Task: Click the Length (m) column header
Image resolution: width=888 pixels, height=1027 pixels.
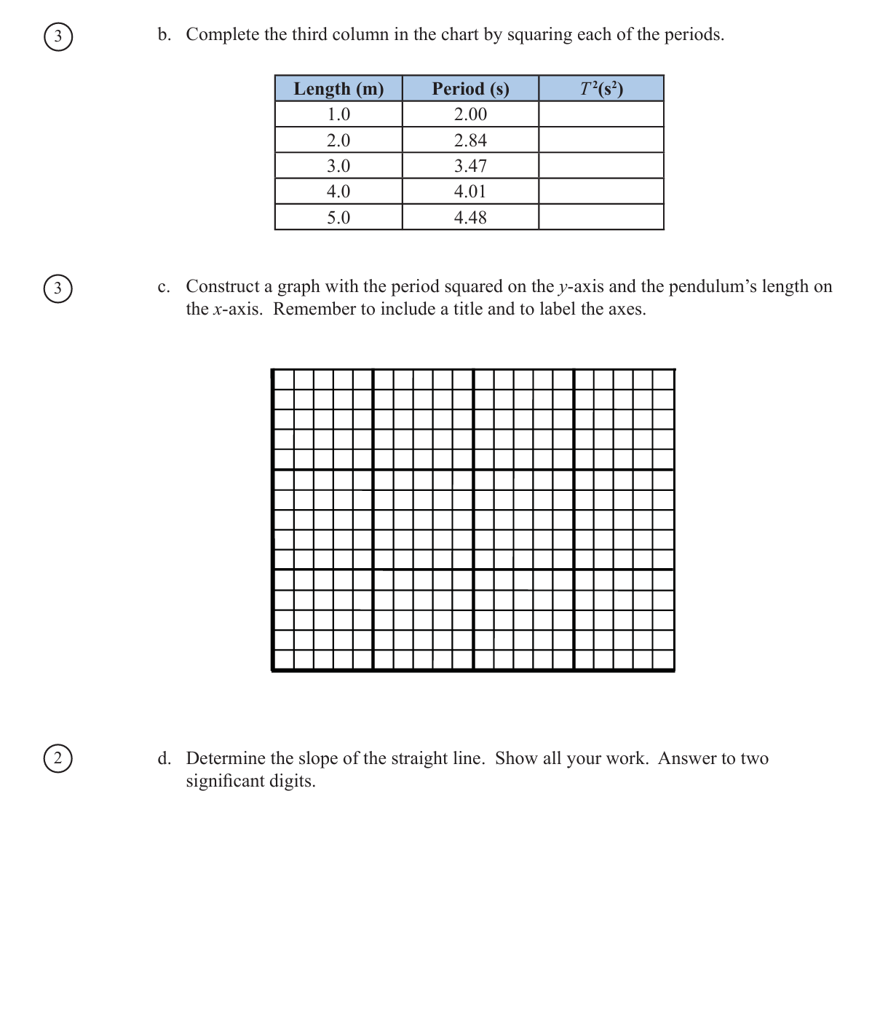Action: [338, 89]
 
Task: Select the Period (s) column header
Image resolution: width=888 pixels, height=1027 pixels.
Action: [470, 89]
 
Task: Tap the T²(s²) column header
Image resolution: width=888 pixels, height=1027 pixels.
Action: [601, 89]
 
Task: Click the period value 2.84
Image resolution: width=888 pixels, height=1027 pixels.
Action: [470, 141]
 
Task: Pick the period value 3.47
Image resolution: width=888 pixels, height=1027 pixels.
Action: [470, 166]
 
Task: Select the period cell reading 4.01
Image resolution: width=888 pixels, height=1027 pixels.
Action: [470, 192]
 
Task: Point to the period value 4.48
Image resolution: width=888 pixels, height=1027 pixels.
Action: [470, 218]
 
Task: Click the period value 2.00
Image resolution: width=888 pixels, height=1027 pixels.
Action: [470, 114]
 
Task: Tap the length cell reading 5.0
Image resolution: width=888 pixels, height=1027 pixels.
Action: [338, 218]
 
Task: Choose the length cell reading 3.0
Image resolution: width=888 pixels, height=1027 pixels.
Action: [338, 166]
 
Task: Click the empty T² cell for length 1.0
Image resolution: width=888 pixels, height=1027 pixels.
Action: [601, 114]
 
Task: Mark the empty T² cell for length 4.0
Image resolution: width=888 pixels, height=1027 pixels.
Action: [601, 192]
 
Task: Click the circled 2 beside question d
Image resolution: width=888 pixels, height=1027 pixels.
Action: [58, 758]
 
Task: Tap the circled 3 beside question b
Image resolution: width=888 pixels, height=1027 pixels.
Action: [58, 36]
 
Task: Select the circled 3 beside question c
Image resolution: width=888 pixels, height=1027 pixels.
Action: [58, 288]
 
